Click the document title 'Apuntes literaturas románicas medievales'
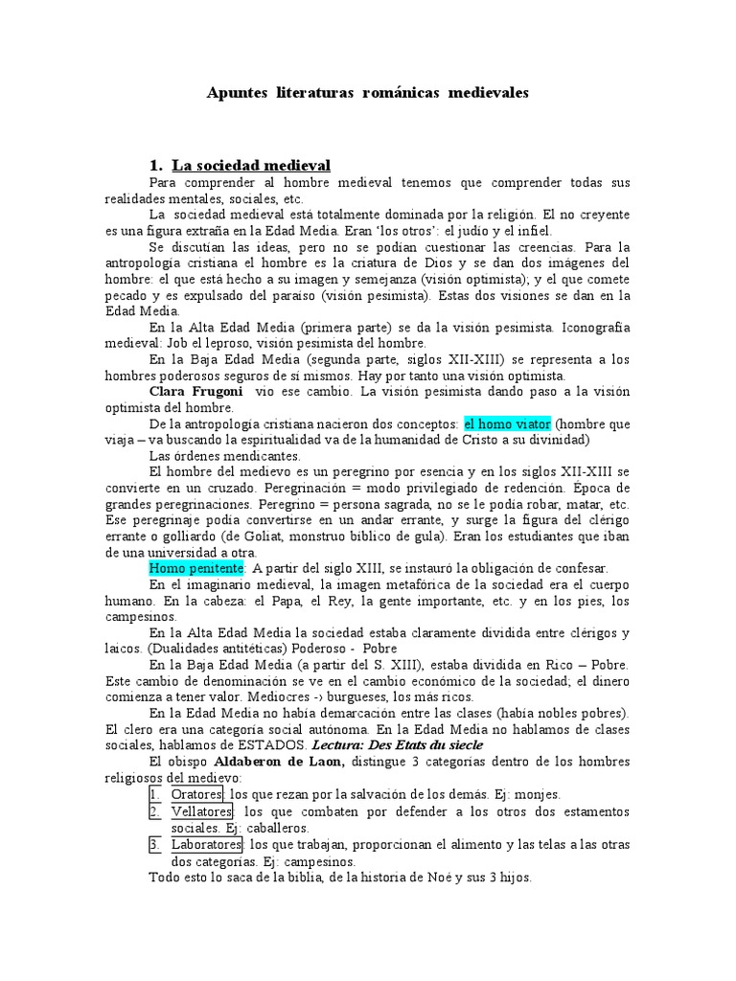point(368,93)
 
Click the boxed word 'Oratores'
point(197,794)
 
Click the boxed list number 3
point(154,845)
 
